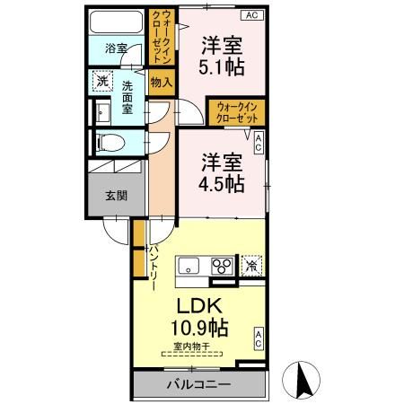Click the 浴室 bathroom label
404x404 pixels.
click(x=114, y=47)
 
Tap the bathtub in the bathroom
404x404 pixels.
click(x=114, y=22)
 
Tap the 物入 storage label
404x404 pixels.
click(x=163, y=82)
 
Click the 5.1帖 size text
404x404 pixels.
click(x=221, y=67)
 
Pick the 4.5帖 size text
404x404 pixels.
click(x=221, y=185)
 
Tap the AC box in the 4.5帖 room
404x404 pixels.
click(x=259, y=140)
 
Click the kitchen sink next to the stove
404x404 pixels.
click(x=190, y=266)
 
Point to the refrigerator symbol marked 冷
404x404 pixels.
click(x=252, y=266)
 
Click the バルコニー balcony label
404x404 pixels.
click(x=198, y=385)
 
